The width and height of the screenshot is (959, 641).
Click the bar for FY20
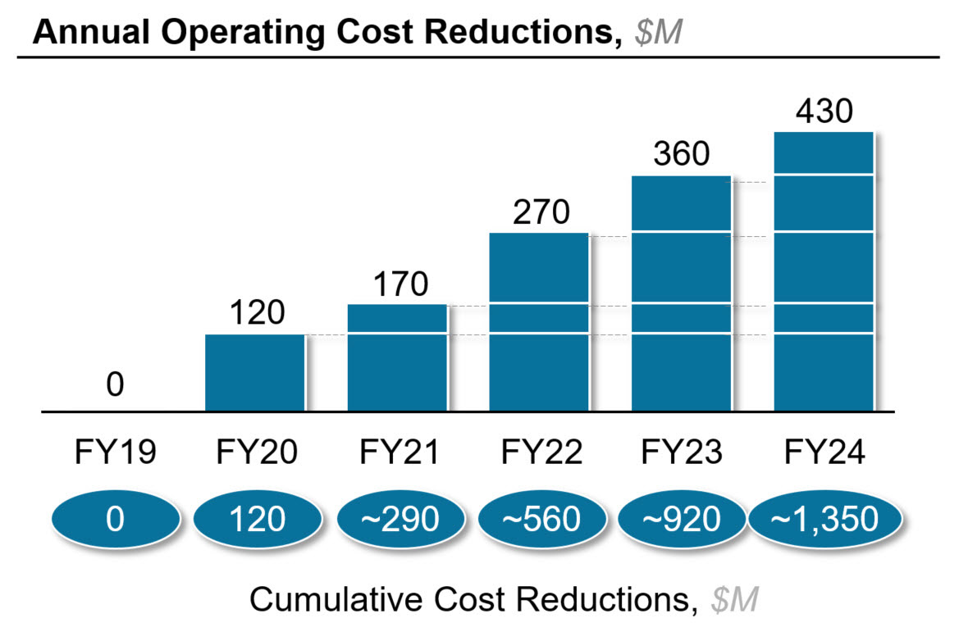[255, 372]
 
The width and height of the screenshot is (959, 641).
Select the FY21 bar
[398, 357]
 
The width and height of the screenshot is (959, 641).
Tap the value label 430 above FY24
[823, 111]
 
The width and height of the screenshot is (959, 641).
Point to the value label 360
[681, 154]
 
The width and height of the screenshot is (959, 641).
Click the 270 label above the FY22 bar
[540, 212]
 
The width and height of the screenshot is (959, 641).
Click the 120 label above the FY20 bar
[255, 314]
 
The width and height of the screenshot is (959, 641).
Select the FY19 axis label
[115, 452]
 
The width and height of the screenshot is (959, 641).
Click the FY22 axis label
[540, 452]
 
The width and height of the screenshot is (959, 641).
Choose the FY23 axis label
[681, 452]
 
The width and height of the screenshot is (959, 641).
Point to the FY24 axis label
[823, 452]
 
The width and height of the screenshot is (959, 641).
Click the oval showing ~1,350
[824, 519]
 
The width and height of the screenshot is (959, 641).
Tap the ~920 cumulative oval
[681, 519]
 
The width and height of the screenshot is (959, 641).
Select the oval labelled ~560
[540, 519]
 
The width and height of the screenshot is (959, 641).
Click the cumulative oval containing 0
[115, 519]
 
